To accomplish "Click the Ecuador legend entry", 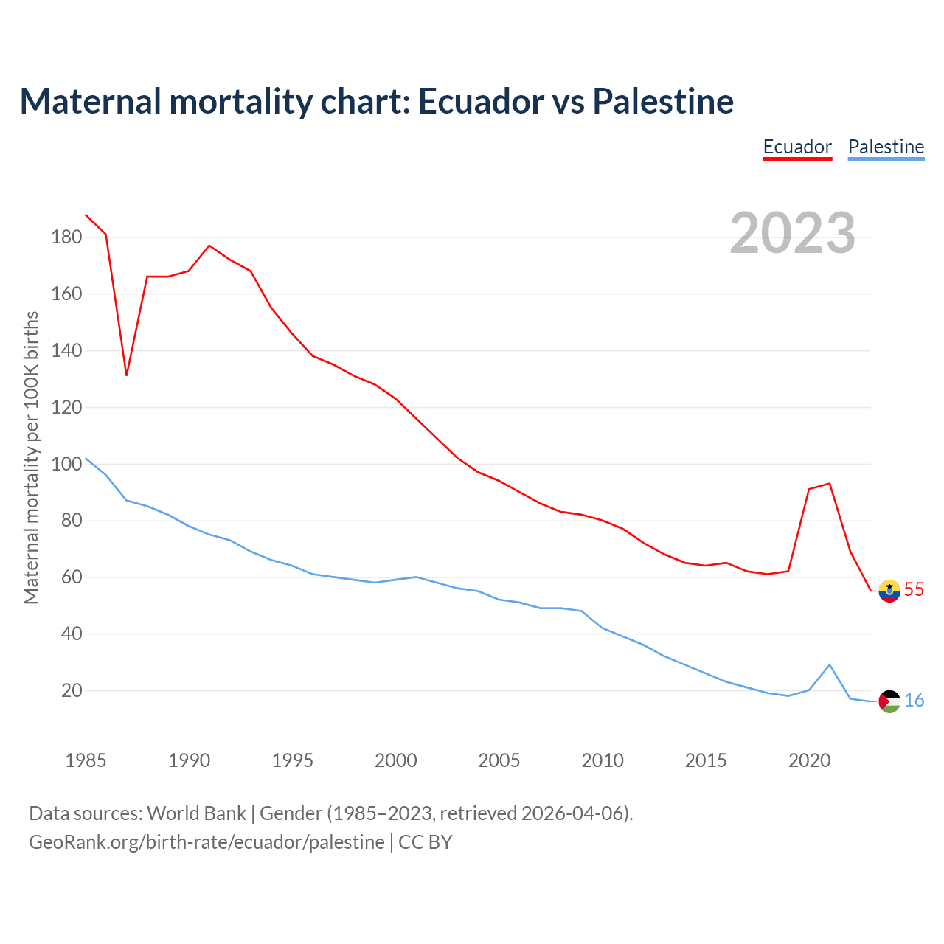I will pyautogui.click(x=797, y=147).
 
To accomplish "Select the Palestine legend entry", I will pyautogui.click(x=886, y=147).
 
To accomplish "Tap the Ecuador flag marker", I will pyautogui.click(x=889, y=591).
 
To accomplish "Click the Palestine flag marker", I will pyautogui.click(x=889, y=701).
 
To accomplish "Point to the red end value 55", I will pyautogui.click(x=914, y=590).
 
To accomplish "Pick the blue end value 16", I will pyautogui.click(x=914, y=701).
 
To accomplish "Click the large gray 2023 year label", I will pyautogui.click(x=793, y=233).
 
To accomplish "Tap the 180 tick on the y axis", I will pyautogui.click(x=66, y=237).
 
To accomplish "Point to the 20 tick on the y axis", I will pyautogui.click(x=72, y=691).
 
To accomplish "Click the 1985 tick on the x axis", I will pyautogui.click(x=86, y=760).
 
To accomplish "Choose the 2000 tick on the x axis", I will pyautogui.click(x=395, y=760).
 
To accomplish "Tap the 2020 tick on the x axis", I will pyautogui.click(x=809, y=760).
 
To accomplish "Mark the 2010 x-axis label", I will pyautogui.click(x=603, y=760).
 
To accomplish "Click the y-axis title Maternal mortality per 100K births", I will pyautogui.click(x=31, y=457).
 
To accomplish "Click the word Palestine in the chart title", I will pyautogui.click(x=663, y=101).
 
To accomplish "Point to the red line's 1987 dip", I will pyautogui.click(x=126, y=375).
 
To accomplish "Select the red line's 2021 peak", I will pyautogui.click(x=830, y=484).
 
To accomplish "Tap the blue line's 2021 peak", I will pyautogui.click(x=830, y=664).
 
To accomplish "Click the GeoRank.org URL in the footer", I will pyautogui.click(x=206, y=842).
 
